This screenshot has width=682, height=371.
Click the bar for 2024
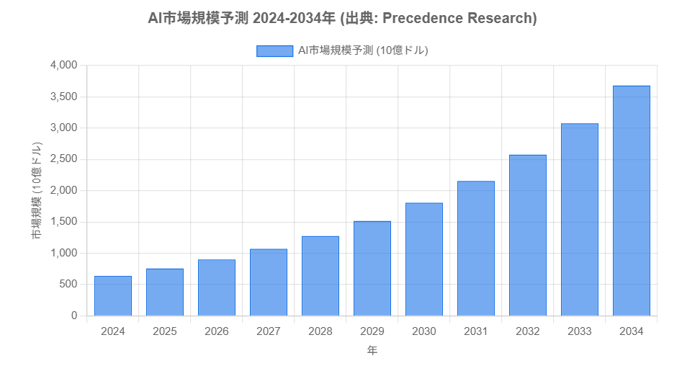(113, 296)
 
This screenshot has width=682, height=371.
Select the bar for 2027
(269, 282)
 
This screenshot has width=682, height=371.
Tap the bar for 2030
(424, 259)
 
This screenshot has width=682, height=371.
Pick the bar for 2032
(528, 236)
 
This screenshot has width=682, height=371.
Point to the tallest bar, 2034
(632, 201)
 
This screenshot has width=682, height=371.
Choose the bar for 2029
(372, 269)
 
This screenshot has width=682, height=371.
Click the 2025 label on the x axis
(165, 331)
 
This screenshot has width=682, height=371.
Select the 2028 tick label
(320, 331)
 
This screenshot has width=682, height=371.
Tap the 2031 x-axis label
(476, 331)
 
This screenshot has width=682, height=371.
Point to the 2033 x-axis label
(580, 331)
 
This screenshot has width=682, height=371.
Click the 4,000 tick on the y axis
(63, 66)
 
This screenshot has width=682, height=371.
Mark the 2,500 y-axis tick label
(63, 159)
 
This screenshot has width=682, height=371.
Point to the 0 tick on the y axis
(73, 316)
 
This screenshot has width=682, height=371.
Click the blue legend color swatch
(274, 50)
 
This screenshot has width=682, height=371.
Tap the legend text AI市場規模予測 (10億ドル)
(363, 50)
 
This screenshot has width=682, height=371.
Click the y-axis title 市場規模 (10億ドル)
(36, 191)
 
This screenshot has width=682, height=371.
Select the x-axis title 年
(372, 351)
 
